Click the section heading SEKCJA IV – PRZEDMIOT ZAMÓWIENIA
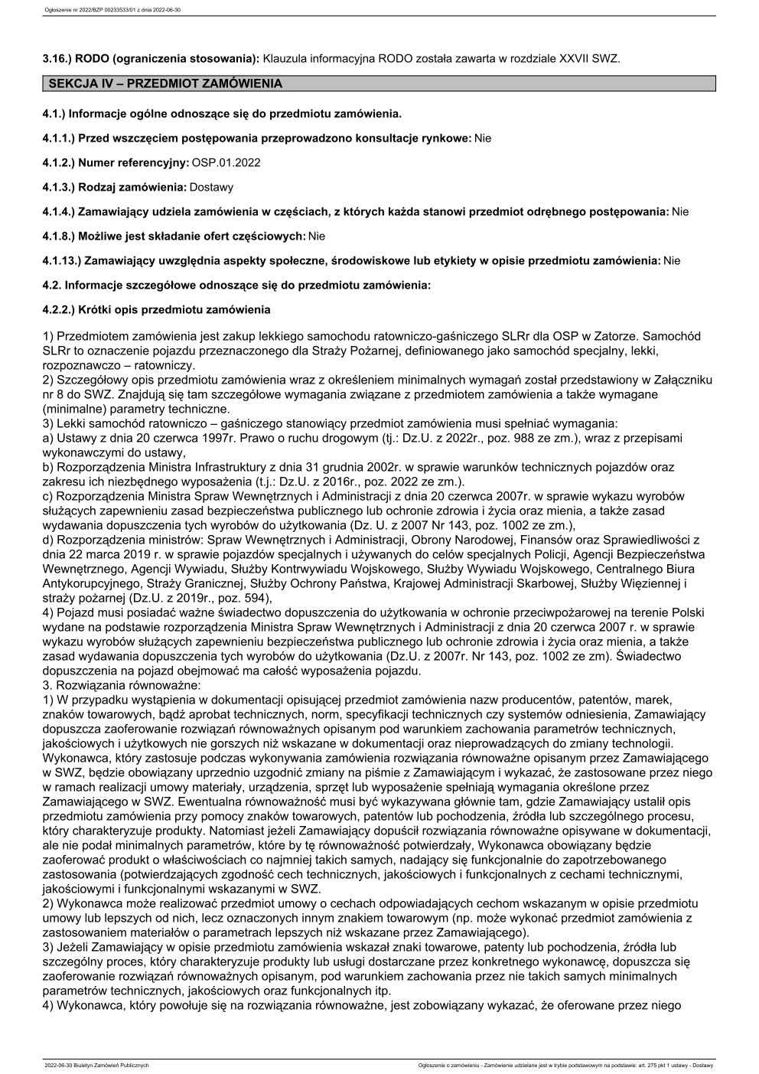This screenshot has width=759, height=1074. (165, 83)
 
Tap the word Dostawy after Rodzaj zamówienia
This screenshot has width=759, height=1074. (212, 187)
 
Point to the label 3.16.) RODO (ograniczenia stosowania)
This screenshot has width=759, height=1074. (151, 58)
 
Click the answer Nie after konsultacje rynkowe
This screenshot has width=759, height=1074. (483, 138)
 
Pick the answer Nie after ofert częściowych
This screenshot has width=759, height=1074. (316, 236)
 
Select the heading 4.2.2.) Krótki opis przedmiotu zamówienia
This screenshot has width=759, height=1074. (156, 310)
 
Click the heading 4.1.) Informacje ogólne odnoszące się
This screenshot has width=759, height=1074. (222, 113)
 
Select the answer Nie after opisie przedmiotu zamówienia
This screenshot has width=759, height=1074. (671, 260)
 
